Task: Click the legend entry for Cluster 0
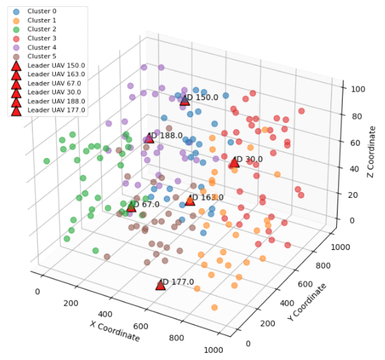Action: pos(42,11)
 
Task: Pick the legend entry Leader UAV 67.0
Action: pos(56,83)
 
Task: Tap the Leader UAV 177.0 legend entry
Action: pos(56,110)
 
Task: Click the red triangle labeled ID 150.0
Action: pos(185,100)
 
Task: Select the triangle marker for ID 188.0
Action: pos(149,138)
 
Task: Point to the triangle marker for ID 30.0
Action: pos(235,162)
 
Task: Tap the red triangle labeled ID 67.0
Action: pos(131,207)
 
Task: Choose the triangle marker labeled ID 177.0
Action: pos(160,285)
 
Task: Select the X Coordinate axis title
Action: pos(114,331)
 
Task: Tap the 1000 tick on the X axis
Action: pos(214,350)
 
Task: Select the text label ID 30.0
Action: pos(249,159)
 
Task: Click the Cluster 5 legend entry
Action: pos(42,56)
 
